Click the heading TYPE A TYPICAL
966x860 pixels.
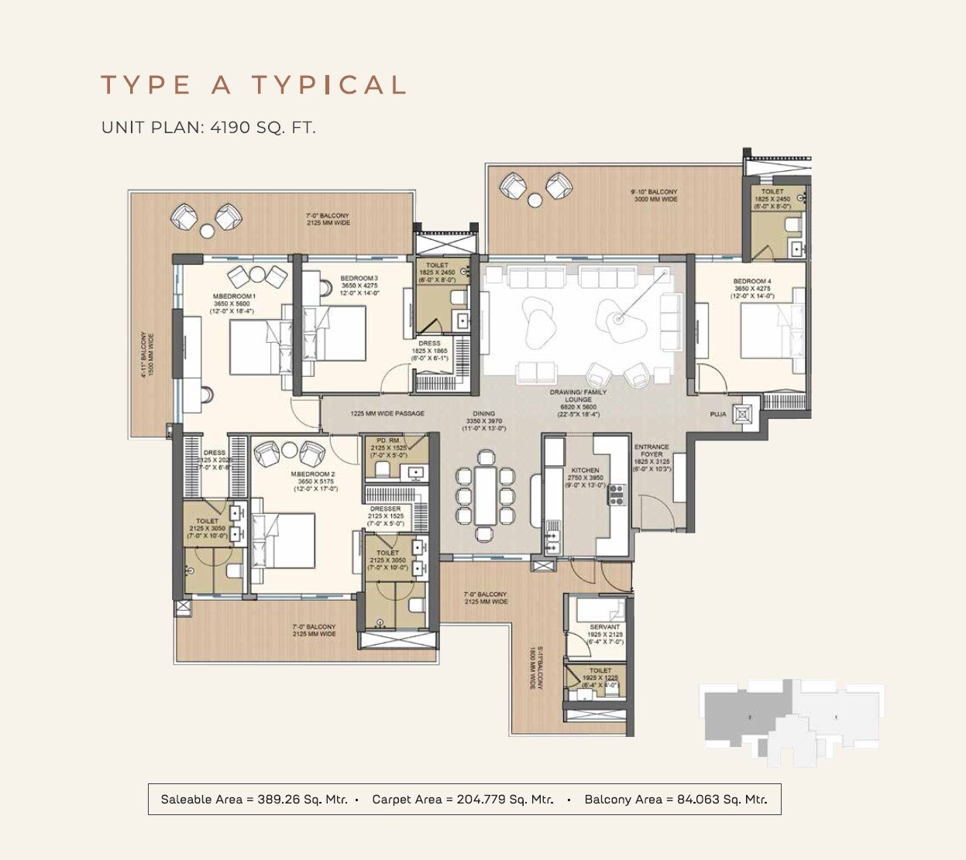tap(253, 85)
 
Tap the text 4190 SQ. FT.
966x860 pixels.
tap(263, 128)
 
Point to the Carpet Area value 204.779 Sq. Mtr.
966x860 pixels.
tap(504, 800)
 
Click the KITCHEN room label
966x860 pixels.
tap(585, 470)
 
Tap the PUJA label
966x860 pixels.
tap(718, 415)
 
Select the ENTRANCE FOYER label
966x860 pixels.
tap(651, 451)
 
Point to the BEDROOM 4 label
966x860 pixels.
tap(751, 282)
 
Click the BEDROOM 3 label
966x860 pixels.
tap(359, 279)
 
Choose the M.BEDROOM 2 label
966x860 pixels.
tap(313, 474)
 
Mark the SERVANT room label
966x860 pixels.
tap(604, 627)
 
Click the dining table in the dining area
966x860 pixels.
tap(485, 495)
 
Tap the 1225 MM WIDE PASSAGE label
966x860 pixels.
tap(387, 413)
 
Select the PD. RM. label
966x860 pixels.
tap(388, 440)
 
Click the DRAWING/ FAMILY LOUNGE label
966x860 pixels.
tap(578, 396)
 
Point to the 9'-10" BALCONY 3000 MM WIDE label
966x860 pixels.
tap(654, 195)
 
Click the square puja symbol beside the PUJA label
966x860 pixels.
tap(744, 414)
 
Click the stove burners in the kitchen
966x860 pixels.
tap(617, 494)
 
